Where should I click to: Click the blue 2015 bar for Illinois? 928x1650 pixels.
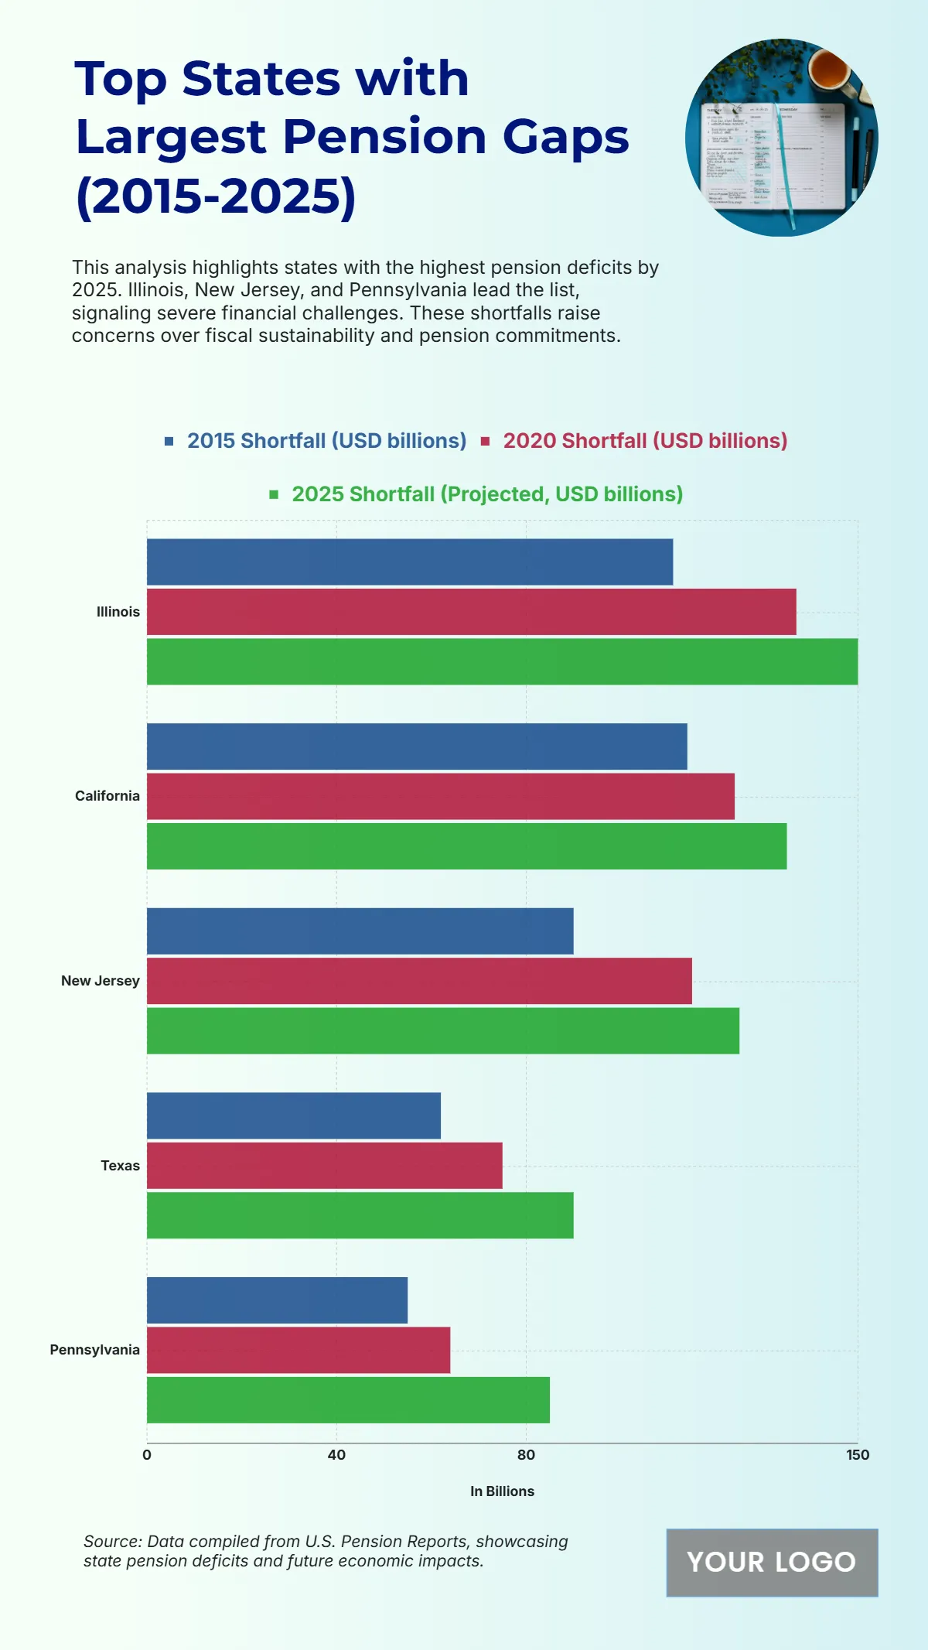click(410, 562)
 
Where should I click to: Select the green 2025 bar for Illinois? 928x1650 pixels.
click(502, 661)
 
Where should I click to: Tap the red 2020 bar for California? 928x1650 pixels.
click(441, 796)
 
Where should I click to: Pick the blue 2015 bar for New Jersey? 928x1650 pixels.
click(360, 931)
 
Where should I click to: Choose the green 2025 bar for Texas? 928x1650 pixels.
click(360, 1214)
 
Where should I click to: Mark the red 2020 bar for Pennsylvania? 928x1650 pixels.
click(299, 1350)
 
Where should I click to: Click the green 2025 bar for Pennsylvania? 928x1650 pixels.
click(348, 1399)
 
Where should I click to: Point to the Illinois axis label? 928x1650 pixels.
click(118, 612)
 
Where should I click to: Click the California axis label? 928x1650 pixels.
click(107, 796)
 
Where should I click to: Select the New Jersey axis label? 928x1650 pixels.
click(100, 981)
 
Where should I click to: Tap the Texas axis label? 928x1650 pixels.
click(120, 1166)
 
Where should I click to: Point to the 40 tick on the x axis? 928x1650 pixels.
click(336, 1455)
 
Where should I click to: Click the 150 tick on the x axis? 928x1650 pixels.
click(858, 1455)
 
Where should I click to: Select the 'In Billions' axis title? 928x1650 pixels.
click(502, 1491)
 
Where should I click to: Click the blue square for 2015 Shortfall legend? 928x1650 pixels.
click(169, 441)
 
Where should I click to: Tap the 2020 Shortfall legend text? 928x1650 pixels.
click(645, 441)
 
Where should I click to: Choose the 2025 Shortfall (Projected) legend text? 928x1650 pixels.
click(487, 494)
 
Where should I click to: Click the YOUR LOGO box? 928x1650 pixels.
click(772, 1562)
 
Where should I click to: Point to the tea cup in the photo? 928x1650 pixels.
click(831, 71)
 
